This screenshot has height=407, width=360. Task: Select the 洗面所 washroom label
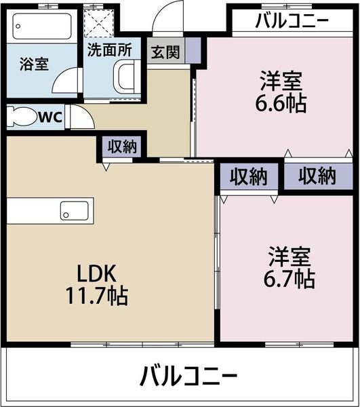111,49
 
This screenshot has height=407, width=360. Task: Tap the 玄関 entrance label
165,52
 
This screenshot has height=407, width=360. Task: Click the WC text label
50,117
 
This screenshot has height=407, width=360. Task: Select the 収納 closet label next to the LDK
123,146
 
